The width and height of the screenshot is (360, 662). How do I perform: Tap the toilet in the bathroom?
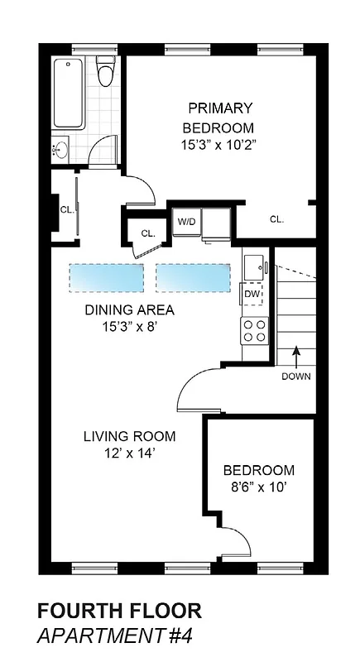click(104, 73)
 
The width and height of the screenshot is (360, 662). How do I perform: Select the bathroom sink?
click(60, 151)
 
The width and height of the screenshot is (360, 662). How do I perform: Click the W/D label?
click(185, 221)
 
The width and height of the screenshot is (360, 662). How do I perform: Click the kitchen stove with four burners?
click(254, 331)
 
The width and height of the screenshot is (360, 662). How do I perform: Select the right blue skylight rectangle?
click(192, 277)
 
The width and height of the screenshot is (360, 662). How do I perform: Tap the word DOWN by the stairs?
click(295, 377)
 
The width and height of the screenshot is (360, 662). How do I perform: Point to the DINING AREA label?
click(129, 310)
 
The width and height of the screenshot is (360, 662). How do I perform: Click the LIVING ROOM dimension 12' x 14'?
click(129, 453)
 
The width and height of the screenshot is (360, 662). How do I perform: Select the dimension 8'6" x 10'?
click(259, 487)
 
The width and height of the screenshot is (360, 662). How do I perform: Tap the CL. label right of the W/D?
click(276, 219)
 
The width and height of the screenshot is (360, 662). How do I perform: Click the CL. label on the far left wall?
click(66, 209)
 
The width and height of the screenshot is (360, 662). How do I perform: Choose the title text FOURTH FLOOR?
click(119, 612)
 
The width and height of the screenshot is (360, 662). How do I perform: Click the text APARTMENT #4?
click(114, 637)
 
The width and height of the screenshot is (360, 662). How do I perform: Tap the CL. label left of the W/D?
click(147, 233)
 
